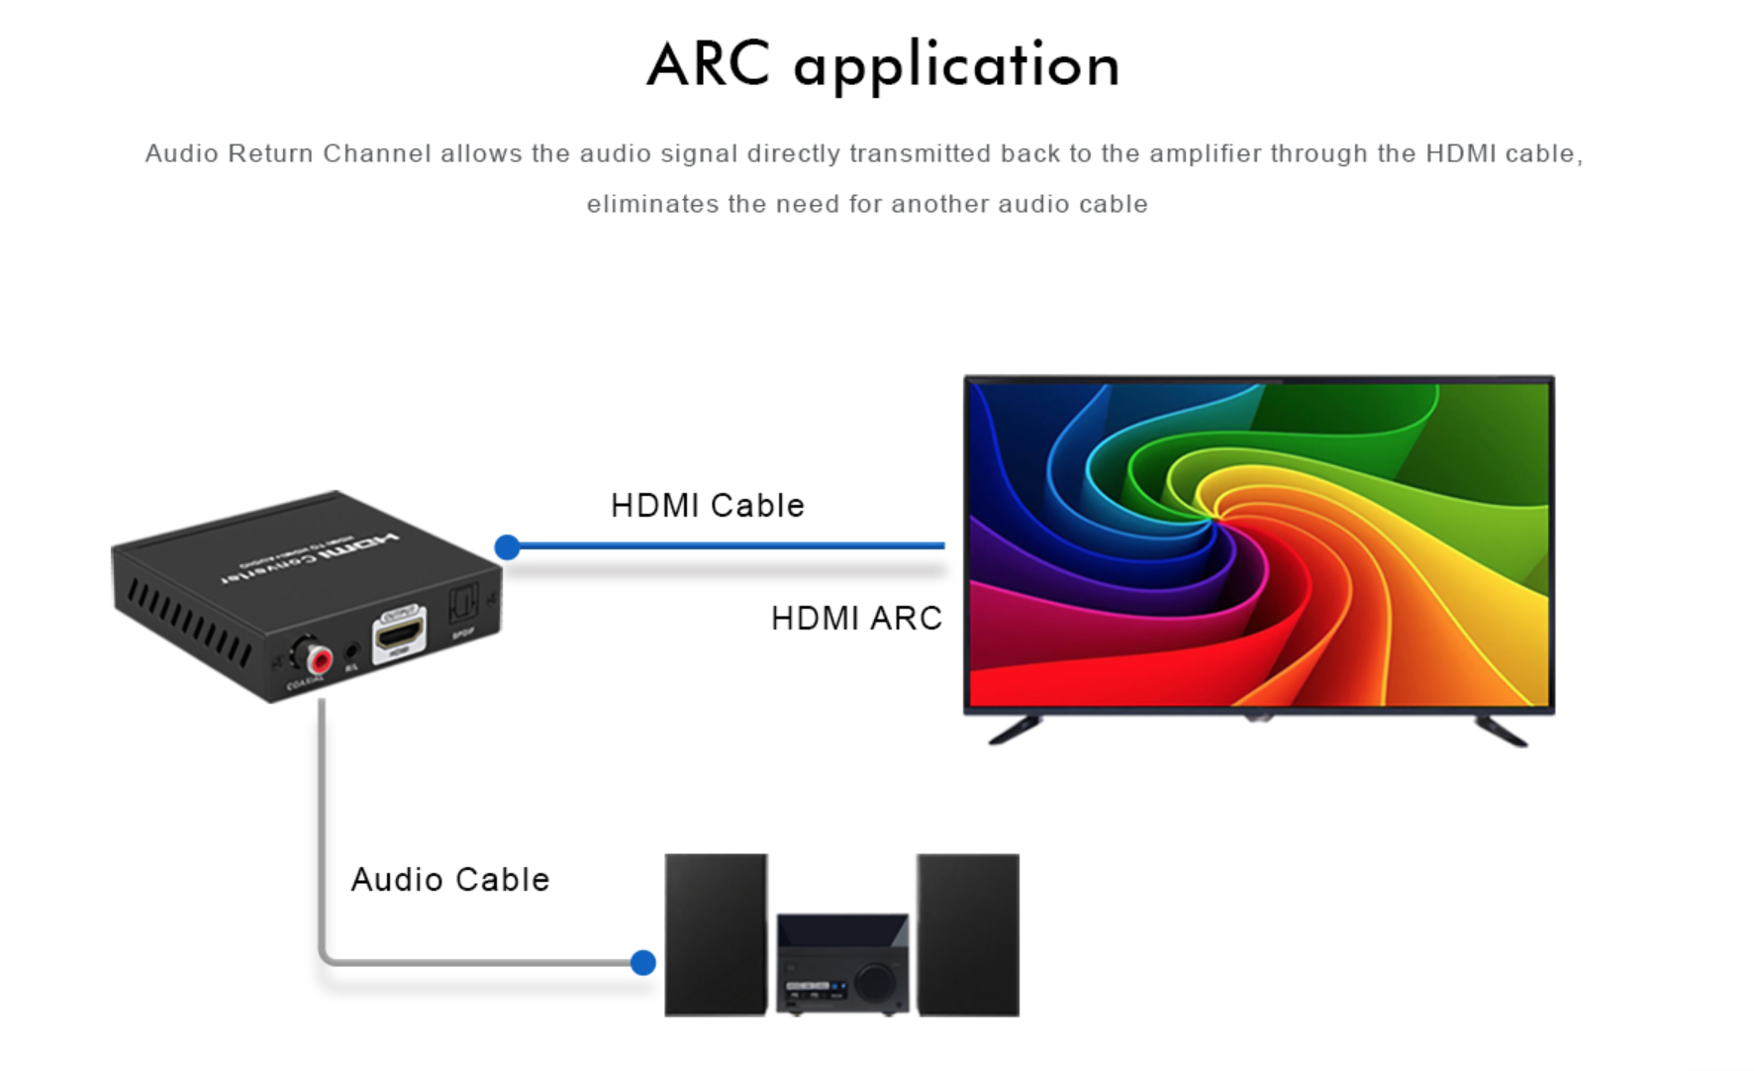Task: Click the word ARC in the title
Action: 708,65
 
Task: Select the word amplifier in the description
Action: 1205,153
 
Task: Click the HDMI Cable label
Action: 707,506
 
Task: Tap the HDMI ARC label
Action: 856,619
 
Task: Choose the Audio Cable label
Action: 450,880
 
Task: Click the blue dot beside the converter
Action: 507,546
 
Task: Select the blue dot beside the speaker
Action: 642,962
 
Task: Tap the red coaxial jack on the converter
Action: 319,658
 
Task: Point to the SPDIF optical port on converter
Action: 463,602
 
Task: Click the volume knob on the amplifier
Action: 875,981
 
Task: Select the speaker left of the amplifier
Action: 716,933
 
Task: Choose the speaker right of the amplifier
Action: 968,933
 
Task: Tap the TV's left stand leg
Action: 1015,730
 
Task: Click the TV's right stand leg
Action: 1502,730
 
